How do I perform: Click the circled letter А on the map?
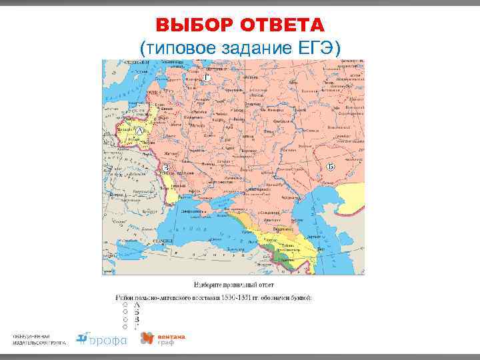tap(139, 133)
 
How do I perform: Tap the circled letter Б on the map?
tap(331, 167)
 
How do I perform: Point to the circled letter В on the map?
tap(166, 167)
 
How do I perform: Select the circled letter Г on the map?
tap(207, 78)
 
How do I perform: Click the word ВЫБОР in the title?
tap(192, 25)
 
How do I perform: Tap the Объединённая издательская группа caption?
tap(39, 339)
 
